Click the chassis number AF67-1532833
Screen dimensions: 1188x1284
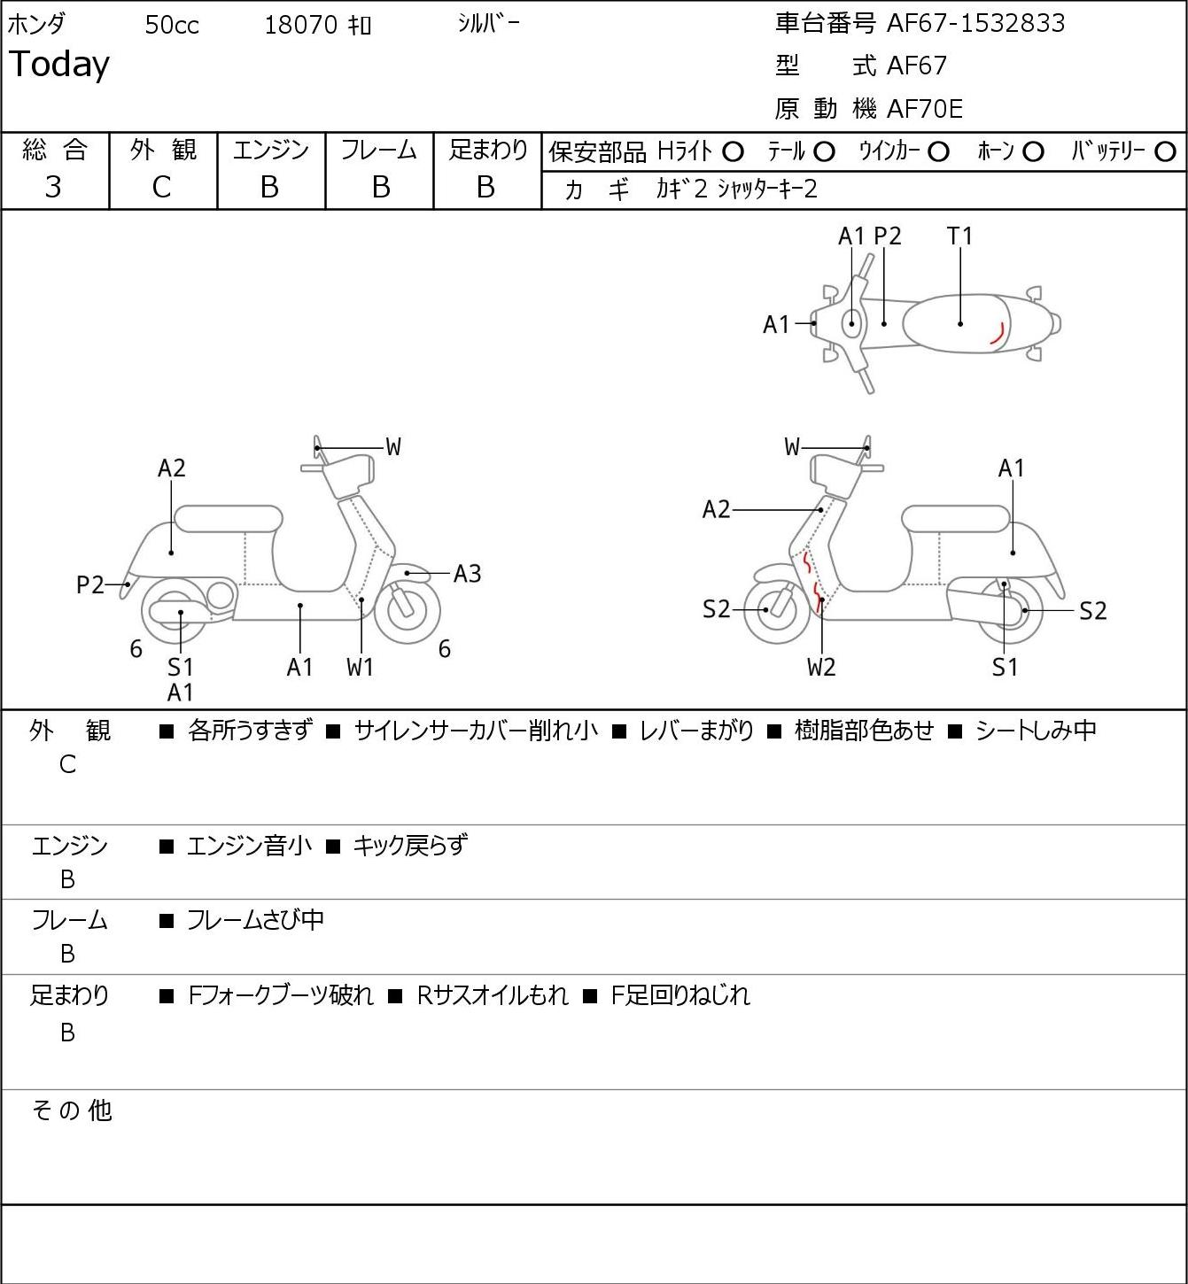975,23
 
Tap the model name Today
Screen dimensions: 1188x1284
58,65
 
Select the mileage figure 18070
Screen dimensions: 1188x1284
301,25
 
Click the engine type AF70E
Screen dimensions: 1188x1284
925,109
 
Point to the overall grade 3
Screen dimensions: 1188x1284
53,188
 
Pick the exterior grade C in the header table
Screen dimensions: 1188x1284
161,188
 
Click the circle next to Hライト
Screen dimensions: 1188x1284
733,152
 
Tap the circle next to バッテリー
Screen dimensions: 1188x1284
1165,152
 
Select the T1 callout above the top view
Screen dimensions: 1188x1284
959,236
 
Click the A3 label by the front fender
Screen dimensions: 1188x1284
467,574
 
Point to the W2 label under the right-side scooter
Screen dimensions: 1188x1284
821,667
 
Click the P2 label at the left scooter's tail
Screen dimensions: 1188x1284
90,584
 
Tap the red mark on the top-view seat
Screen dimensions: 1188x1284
998,333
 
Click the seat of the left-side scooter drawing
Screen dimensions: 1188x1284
229,519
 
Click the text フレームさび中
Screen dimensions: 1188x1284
255,920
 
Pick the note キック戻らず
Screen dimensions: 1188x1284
409,846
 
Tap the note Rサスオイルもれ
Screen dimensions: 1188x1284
493,995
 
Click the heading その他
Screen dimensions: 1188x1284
72,1110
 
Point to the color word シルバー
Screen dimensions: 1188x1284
488,24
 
